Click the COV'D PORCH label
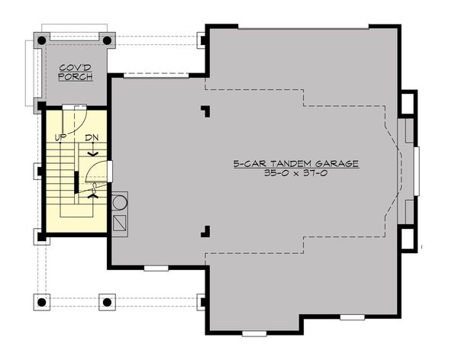76,72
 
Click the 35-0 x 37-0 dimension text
295,174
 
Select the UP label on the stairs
60,137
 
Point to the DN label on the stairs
92,138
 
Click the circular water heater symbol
119,203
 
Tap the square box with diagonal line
119,223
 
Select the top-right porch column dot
107,40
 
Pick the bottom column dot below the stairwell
107,301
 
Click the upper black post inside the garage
205,111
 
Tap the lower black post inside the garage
205,230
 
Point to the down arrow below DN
92,152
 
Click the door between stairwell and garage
110,171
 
